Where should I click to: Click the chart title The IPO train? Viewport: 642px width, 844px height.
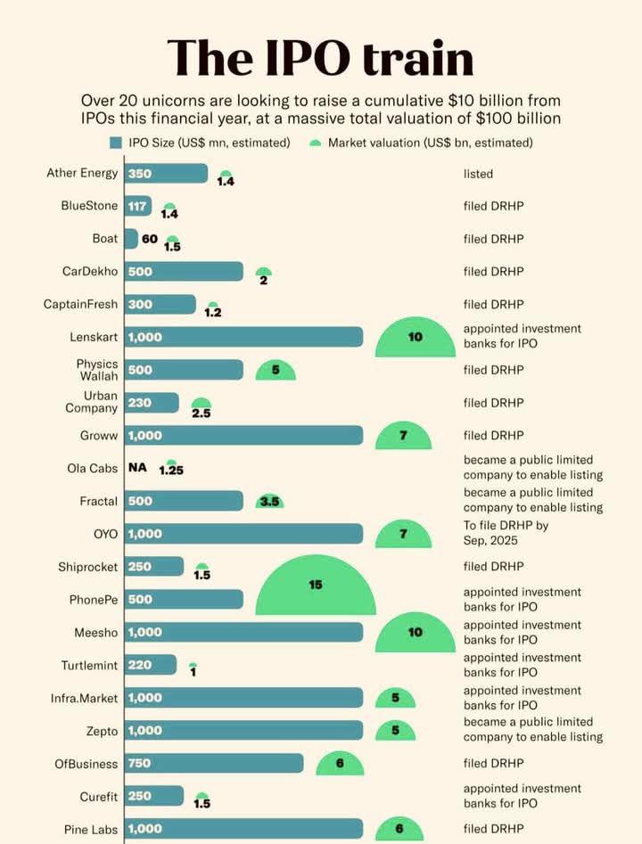click(320, 57)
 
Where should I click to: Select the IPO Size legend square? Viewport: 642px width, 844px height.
click(115, 143)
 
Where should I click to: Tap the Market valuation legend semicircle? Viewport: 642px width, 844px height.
click(315, 143)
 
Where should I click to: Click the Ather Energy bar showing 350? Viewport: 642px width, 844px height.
click(166, 174)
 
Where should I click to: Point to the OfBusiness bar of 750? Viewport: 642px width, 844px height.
click(214, 763)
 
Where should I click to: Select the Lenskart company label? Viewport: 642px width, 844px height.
click(92, 337)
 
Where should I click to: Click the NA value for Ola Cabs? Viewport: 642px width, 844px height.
click(137, 468)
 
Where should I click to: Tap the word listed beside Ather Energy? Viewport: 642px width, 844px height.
click(478, 174)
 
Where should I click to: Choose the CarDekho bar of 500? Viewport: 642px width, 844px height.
click(184, 272)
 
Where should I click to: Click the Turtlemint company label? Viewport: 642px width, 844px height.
click(89, 665)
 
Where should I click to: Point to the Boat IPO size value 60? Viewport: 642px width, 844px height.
click(149, 239)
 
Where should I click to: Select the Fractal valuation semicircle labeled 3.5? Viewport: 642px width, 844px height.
click(269, 502)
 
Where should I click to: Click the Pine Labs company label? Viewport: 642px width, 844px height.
click(92, 829)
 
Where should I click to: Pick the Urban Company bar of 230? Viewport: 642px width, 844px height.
click(152, 403)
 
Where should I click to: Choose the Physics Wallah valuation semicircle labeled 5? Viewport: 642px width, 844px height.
click(276, 370)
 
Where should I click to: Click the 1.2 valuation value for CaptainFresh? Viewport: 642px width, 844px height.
click(213, 313)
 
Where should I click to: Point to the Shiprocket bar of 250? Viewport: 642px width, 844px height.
click(154, 567)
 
